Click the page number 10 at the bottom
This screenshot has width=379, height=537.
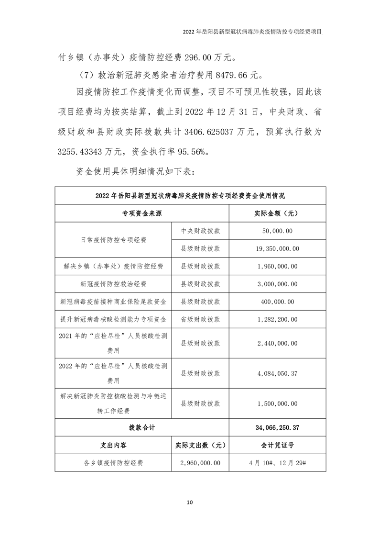tap(190, 502)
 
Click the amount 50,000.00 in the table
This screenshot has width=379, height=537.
tap(277, 231)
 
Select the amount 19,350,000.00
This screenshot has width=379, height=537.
tap(277, 248)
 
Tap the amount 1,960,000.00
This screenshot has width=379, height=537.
tap(277, 266)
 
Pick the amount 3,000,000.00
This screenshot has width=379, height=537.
tap(277, 284)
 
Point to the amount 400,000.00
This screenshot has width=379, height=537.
tap(277, 302)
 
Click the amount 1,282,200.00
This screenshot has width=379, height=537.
tap(277, 319)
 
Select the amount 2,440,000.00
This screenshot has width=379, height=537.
tap(277, 343)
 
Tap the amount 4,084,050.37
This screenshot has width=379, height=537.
tap(277, 373)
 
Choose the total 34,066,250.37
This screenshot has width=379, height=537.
tap(277, 427)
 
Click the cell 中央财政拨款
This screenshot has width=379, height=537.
tap(200, 231)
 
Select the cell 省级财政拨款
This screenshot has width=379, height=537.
tap(200, 319)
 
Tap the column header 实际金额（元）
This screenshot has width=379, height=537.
tap(277, 213)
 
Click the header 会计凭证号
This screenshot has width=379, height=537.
tap(277, 445)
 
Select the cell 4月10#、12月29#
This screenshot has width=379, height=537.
tap(277, 463)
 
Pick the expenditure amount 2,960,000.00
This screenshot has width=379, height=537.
tap(200, 463)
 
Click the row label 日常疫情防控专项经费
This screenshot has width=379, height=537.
tap(113, 239)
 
